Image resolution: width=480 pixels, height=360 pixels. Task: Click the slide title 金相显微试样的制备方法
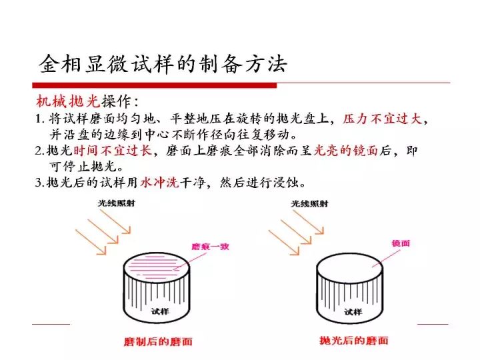pos(163,64)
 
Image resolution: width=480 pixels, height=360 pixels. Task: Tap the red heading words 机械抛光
pos(68,101)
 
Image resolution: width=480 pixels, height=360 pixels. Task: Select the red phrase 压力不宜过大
pos(383,119)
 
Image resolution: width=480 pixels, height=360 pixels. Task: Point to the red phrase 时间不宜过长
pos(113,150)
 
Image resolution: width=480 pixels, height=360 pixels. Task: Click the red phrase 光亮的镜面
pos(345,150)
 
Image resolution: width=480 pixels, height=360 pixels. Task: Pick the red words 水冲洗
pos(159,183)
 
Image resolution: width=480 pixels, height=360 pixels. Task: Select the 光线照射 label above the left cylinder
pos(116,203)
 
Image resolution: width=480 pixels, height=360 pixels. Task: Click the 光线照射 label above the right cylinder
pos(309,203)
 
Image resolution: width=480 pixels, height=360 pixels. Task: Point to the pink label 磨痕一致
pos(210,247)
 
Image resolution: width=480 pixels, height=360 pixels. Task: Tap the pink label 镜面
pos(401,244)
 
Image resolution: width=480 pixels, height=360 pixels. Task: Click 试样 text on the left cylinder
pos(160,311)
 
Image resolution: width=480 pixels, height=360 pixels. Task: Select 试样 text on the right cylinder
pos(353,312)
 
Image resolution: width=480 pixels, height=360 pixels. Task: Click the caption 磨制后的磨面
pos(158,341)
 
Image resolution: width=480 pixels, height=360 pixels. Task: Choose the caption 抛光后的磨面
pos(354,341)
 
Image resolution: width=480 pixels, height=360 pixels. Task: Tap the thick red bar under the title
pos(154,85)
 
